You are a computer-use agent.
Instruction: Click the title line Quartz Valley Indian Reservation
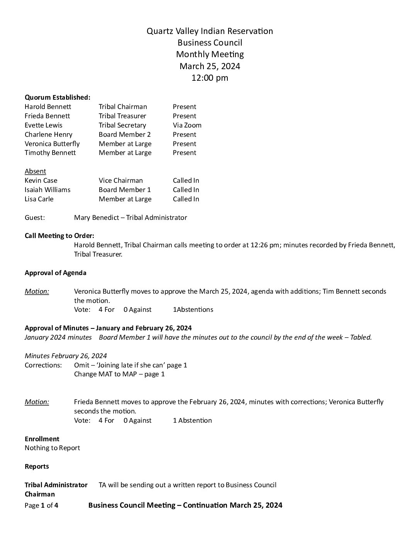click(210, 31)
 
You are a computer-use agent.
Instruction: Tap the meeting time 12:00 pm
click(210, 78)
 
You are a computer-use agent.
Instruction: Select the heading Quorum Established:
click(58, 97)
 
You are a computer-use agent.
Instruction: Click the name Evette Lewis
click(43, 125)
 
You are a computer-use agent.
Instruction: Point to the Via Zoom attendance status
click(187, 125)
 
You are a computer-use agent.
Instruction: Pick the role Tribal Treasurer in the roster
click(122, 116)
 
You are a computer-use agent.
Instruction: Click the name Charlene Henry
click(48, 134)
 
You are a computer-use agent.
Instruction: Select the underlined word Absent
click(35, 171)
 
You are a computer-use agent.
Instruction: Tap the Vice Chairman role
click(120, 180)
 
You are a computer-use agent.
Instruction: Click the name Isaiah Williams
click(47, 190)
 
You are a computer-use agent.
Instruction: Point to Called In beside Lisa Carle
click(186, 199)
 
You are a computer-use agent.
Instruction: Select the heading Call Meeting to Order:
click(59, 236)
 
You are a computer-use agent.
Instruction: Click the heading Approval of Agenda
click(56, 273)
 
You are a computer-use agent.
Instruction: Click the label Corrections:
click(43, 365)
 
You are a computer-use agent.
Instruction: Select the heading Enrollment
click(42, 439)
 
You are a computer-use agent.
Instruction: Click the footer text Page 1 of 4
click(41, 505)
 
